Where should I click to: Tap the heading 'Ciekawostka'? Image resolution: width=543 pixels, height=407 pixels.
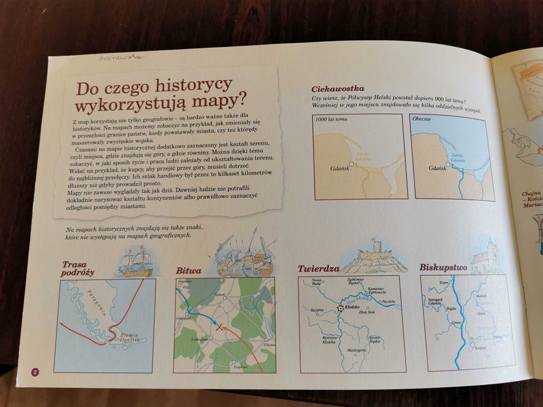tap(338, 89)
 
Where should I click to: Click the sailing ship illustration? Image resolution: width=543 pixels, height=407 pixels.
tap(135, 262)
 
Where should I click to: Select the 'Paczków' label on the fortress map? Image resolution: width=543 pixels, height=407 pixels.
tap(389, 301)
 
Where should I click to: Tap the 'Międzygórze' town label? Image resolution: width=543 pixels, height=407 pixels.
tap(356, 350)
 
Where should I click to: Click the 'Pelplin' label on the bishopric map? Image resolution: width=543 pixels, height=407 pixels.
tap(450, 309)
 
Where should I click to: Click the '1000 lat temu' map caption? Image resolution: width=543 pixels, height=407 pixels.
tap(331, 119)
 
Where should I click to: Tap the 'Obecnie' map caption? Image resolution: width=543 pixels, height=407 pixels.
tap(421, 119)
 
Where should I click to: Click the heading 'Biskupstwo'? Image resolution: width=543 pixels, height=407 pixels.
tap(443, 267)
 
